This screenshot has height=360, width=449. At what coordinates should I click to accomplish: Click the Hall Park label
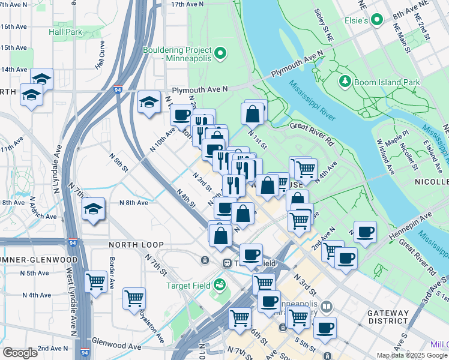click(x=65, y=31)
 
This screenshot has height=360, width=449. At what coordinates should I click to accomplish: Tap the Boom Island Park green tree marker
click(x=345, y=81)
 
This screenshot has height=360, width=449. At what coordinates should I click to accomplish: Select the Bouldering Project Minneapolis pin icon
click(x=220, y=55)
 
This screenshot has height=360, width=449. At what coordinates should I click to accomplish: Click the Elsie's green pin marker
click(x=378, y=20)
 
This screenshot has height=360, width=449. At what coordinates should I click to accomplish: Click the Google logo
click(x=19, y=353)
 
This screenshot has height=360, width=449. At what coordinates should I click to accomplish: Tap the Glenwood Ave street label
click(x=116, y=347)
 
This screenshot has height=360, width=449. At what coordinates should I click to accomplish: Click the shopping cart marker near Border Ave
click(x=96, y=281)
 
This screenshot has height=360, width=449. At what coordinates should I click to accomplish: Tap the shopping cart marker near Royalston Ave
click(x=134, y=298)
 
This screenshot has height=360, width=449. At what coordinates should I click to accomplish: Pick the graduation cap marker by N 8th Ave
click(x=94, y=210)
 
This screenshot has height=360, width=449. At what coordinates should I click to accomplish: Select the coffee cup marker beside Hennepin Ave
click(x=364, y=232)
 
